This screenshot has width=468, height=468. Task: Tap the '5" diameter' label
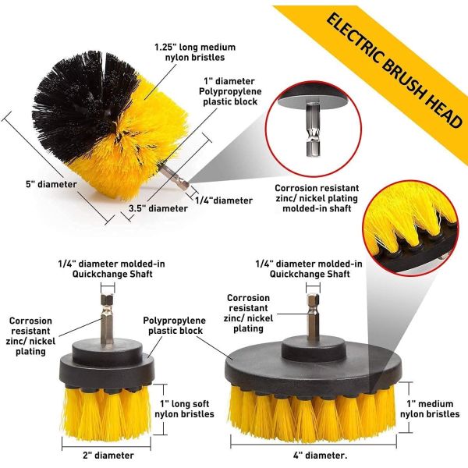tap(51, 184)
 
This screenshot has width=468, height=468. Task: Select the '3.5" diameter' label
tap(158, 208)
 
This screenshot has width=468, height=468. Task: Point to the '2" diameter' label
tap(108, 456)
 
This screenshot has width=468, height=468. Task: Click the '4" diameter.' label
tap(320, 456)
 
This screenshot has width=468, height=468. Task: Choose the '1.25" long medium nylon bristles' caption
tap(195, 52)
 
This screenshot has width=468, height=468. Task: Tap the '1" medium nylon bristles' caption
tap(430, 409)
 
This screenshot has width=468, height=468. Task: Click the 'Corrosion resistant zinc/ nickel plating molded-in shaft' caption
tap(317, 198)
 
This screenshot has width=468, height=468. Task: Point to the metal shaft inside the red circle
tap(313, 129)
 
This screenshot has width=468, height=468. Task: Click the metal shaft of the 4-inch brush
tap(313, 314)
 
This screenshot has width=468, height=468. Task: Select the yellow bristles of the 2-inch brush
tap(107, 412)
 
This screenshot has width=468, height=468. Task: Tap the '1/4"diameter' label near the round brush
tap(224, 200)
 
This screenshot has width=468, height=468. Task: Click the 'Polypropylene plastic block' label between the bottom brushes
tap(175, 325)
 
